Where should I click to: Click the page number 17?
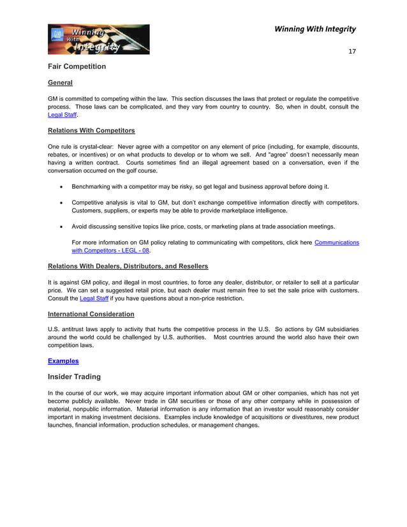352,51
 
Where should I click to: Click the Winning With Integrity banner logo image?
98,40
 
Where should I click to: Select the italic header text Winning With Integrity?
314,29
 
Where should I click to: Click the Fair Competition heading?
77,66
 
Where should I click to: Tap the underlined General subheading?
60,83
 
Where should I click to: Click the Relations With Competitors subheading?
91,131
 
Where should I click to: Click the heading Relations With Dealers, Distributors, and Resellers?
128,266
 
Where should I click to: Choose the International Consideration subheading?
91,314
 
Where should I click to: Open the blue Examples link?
63,361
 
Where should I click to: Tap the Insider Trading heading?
74,377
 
